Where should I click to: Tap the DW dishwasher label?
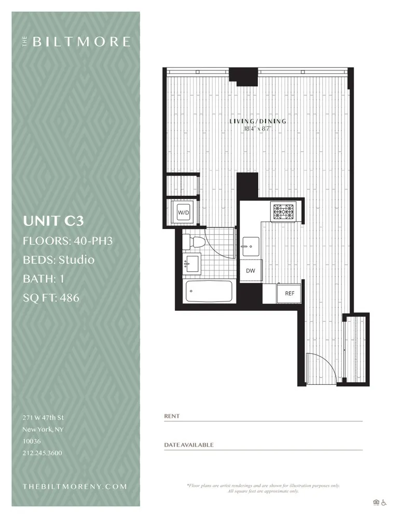[x=250, y=270]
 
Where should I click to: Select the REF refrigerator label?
[x=289, y=293]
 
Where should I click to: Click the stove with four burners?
[x=283, y=211]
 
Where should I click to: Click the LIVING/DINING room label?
[x=258, y=122]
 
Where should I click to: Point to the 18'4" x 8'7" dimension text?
[x=258, y=129]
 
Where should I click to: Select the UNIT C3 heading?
[x=53, y=221]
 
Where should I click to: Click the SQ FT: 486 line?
[x=51, y=298]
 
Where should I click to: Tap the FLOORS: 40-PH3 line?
[x=67, y=240]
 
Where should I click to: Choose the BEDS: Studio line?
[x=59, y=260]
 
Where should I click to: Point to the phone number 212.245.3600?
[x=42, y=453]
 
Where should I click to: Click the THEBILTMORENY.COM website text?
[x=75, y=486]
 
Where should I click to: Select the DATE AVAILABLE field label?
[x=189, y=445]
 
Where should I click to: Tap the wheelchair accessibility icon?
[x=384, y=502]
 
